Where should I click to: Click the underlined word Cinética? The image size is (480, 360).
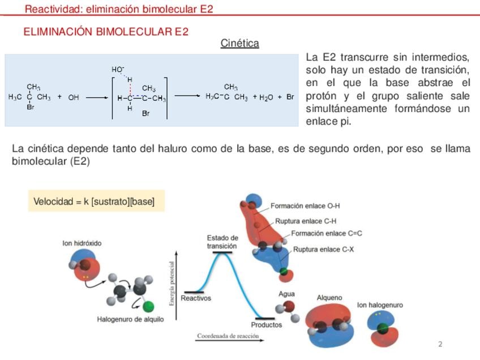click(x=239, y=43)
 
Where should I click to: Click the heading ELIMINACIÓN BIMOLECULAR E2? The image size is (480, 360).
click(x=106, y=32)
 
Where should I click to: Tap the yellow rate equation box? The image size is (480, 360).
click(x=96, y=201)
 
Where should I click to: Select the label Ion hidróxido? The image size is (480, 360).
click(x=82, y=243)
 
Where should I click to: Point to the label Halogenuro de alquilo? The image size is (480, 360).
click(x=130, y=319)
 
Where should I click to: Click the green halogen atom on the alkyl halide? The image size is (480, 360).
click(x=148, y=306)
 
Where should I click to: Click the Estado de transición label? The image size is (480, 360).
click(x=222, y=242)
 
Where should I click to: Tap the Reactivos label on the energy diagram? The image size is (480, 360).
click(x=196, y=298)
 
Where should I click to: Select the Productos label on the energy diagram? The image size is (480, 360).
click(x=267, y=325)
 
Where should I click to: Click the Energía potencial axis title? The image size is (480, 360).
click(x=172, y=283)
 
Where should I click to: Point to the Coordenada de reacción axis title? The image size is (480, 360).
click(x=228, y=336)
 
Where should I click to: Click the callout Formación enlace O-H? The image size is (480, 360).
click(x=305, y=205)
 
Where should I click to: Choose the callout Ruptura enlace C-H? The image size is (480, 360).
click(x=306, y=221)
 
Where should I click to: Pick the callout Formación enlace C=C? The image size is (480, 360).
click(x=327, y=233)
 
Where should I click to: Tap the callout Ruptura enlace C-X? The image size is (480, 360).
click(x=324, y=250)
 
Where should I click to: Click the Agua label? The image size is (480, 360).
click(x=286, y=294)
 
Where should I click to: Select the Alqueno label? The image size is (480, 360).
click(x=329, y=298)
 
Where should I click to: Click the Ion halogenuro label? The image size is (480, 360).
click(x=380, y=305)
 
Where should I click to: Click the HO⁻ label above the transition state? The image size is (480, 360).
click(x=118, y=70)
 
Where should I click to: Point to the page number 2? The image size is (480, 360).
click(x=440, y=344)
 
